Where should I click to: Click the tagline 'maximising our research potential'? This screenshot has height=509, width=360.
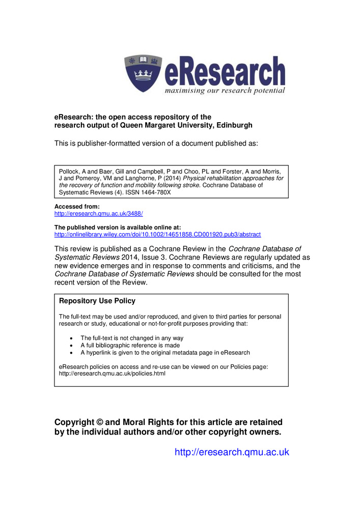tap(225, 91)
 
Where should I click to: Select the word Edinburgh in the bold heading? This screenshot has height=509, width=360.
tap(233, 125)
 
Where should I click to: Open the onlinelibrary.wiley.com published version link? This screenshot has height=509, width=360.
tap(157, 234)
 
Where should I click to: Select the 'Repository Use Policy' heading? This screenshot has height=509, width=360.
tap(97, 301)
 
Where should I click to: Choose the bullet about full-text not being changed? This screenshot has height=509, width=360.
tap(132, 338)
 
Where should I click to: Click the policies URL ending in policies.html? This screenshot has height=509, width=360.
tap(112, 374)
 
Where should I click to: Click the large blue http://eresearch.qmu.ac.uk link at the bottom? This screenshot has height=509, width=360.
tap(232, 452)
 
